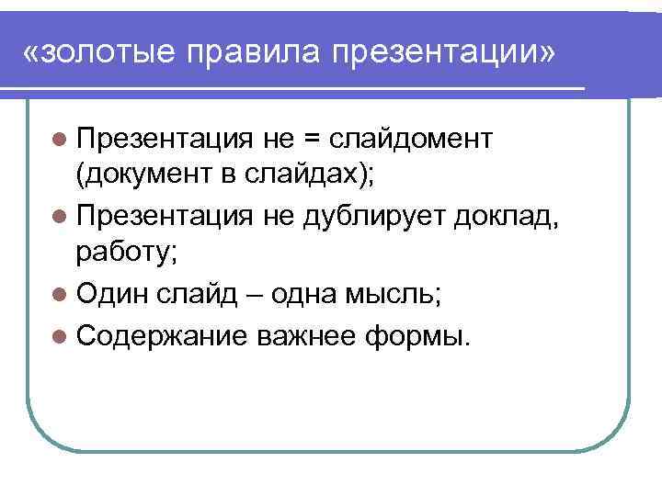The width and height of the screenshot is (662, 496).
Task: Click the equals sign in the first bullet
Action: point(312,139)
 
